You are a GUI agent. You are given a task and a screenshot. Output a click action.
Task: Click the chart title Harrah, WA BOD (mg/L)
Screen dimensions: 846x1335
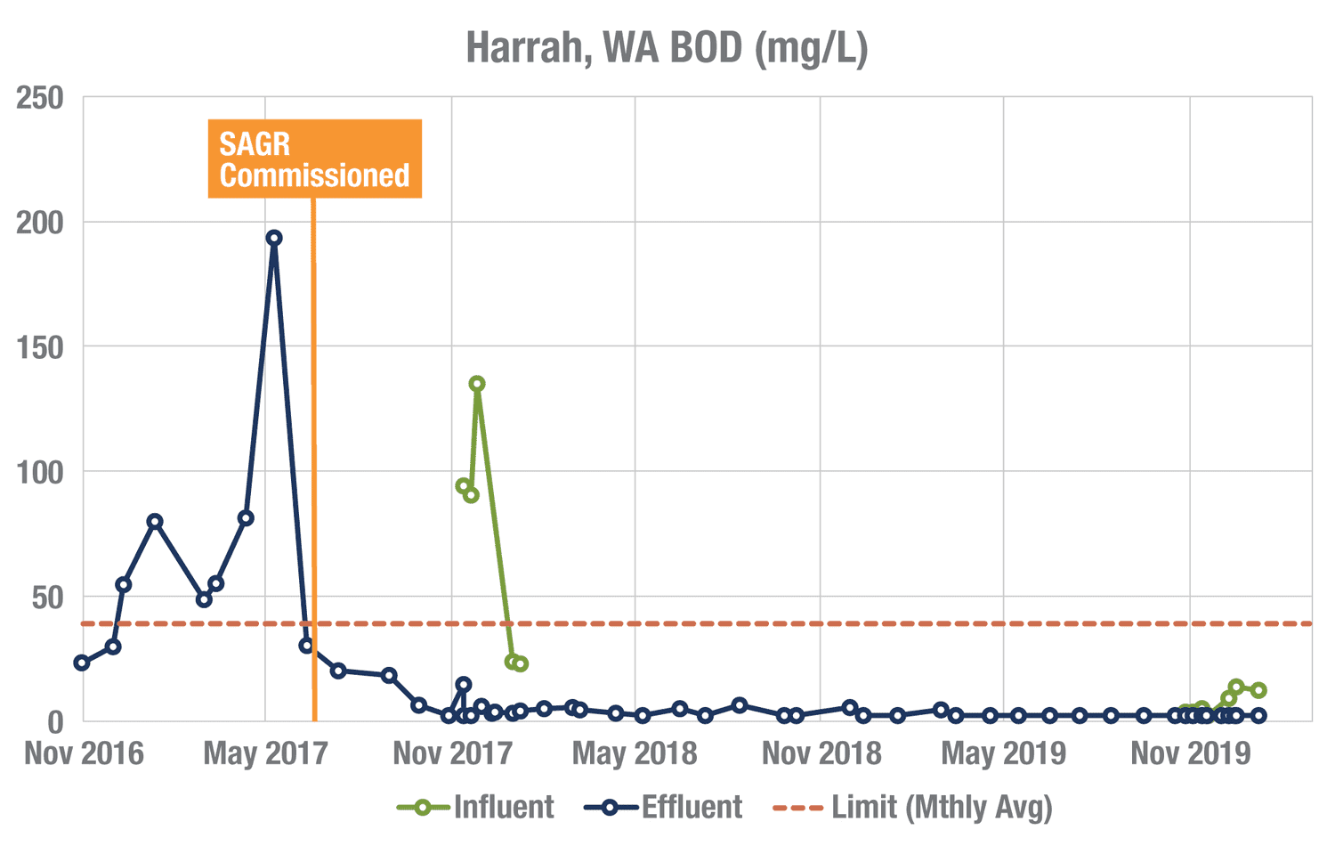667,49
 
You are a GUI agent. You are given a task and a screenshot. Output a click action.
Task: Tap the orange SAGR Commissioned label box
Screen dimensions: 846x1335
314,159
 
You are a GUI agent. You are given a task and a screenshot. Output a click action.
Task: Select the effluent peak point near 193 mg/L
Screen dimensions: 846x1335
274,238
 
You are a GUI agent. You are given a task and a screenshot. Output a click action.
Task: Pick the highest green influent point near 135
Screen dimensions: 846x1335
477,384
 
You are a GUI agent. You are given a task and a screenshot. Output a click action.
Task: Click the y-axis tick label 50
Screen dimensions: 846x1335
48,598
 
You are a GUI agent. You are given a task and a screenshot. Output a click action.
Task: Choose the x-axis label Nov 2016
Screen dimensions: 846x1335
84,753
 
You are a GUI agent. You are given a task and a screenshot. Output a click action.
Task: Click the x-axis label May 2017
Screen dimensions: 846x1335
265,753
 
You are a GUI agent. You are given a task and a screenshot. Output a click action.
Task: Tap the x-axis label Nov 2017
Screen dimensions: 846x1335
452,753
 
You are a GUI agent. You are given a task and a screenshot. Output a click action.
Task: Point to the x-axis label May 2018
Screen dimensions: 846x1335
635,753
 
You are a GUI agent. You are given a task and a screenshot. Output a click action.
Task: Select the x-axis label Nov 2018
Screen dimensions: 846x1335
821,753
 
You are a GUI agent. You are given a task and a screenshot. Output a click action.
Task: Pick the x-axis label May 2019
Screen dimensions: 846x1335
1003,753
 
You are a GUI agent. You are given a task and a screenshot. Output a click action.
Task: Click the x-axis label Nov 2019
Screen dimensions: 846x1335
1190,753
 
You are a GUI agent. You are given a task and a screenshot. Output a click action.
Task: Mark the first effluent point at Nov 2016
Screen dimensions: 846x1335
82,663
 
